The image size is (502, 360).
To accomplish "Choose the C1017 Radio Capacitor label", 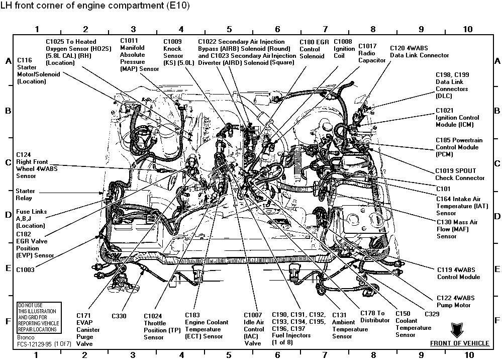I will (371, 53).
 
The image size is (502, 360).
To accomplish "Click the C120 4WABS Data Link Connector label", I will (419, 51).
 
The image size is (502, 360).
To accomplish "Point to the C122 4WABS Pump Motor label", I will (455, 301).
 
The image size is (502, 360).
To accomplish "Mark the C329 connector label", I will (432, 314).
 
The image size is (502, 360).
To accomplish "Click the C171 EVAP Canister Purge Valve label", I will (88, 329).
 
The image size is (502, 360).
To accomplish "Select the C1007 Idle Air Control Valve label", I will (254, 329).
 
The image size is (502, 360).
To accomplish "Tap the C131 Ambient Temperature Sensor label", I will (349, 326).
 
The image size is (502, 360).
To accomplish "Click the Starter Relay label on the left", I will (25, 195).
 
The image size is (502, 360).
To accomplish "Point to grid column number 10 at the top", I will (467, 30).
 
